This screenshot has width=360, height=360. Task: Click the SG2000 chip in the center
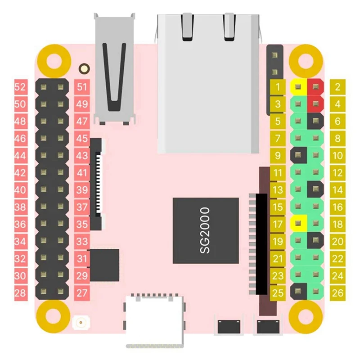pyautogui.click(x=205, y=230)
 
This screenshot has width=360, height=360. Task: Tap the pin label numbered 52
pyautogui.click(x=20, y=87)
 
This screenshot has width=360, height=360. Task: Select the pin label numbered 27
pyautogui.click(x=82, y=293)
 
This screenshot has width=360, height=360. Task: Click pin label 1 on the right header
pyautogui.click(x=279, y=87)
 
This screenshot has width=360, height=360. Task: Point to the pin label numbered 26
pyautogui.click(x=337, y=293)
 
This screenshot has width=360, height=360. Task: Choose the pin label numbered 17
pyautogui.click(x=279, y=224)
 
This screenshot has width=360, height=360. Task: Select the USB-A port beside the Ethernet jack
pyautogui.click(x=115, y=67)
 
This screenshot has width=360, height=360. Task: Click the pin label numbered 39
pyautogui.click(x=82, y=190)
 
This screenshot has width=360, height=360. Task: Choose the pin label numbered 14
pyautogui.click(x=337, y=190)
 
